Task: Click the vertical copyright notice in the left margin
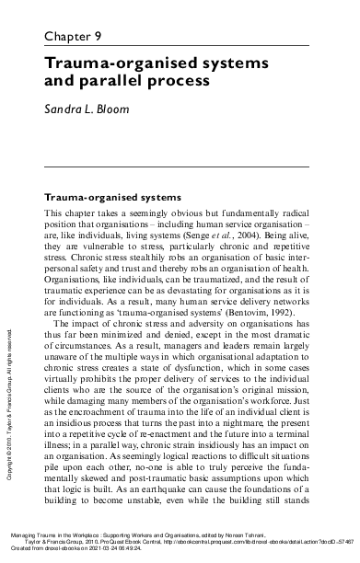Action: (8, 359)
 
